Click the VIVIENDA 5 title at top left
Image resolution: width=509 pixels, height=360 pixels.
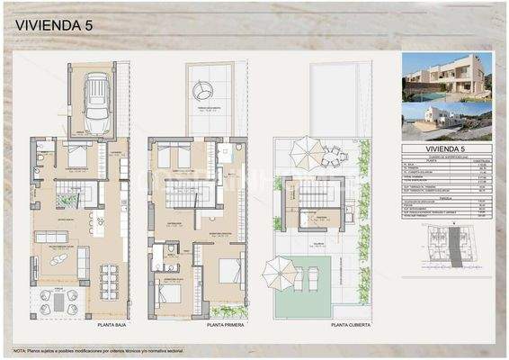[54, 26]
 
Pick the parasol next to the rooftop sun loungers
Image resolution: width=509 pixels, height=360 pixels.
[280, 268]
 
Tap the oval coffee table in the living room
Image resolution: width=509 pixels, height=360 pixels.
[58, 260]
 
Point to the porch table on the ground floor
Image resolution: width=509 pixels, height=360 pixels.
[58, 302]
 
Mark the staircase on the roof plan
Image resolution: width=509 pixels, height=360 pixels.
[316, 193]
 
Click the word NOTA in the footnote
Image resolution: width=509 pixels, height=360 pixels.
[20, 349]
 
